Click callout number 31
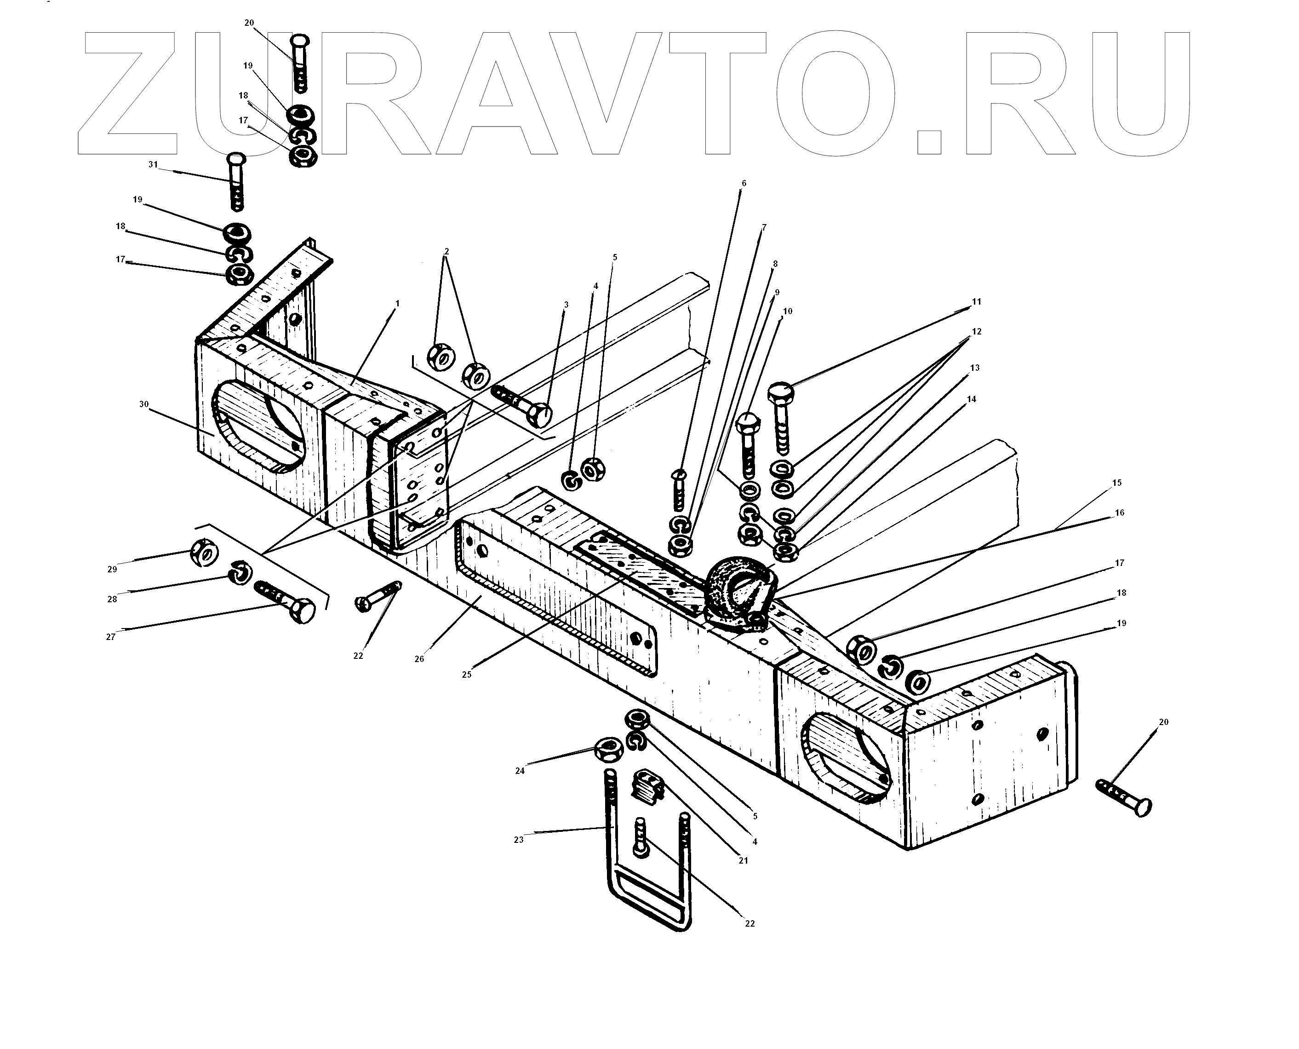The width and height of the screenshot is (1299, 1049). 152,164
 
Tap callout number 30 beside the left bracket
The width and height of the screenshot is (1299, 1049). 144,404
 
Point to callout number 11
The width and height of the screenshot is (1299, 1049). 977,301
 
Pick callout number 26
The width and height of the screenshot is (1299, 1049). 419,659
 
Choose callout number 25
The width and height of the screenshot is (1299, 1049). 466,674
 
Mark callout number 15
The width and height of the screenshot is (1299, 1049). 1116,483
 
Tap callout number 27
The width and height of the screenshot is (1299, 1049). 110,637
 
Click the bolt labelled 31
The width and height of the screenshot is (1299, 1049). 237,181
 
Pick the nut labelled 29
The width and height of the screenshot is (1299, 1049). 204,552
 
